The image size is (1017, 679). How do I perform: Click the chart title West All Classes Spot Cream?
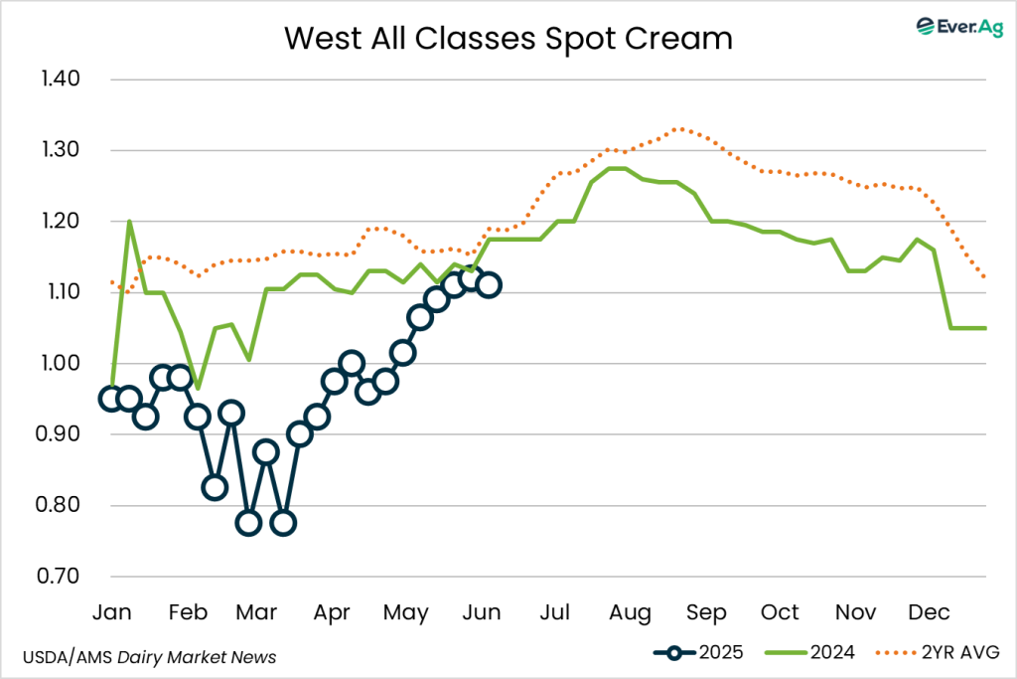point(508,38)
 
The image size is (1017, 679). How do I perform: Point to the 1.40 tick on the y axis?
point(60,80)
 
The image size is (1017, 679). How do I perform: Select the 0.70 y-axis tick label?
point(60,577)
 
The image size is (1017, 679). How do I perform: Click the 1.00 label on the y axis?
point(60,364)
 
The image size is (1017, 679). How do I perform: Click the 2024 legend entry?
point(808,652)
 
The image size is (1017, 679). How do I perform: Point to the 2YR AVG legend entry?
point(936,652)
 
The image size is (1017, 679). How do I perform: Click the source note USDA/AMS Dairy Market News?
point(149,657)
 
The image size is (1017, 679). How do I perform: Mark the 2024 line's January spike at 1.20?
point(129,222)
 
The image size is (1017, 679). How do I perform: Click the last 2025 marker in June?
point(488,285)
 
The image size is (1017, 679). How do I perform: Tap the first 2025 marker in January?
point(111,399)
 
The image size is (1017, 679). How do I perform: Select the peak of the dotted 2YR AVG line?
point(678,128)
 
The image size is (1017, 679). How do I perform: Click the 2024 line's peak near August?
point(617,168)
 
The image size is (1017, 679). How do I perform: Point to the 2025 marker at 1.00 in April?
point(351,363)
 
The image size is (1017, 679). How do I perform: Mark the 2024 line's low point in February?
point(197,388)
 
